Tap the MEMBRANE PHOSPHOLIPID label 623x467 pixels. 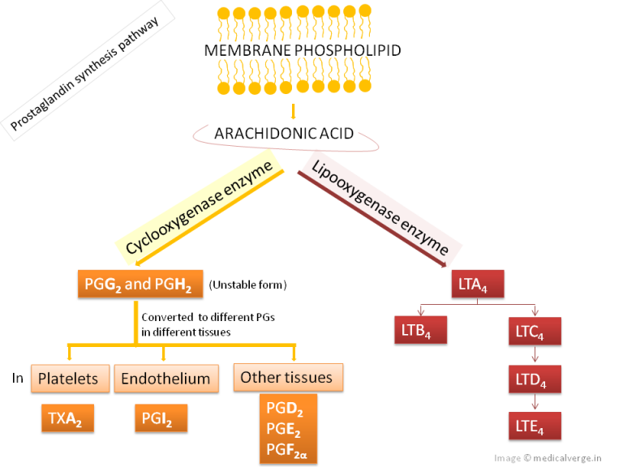(302, 50)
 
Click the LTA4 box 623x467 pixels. (478, 285)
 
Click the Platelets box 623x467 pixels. (69, 378)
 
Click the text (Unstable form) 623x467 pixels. (248, 285)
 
